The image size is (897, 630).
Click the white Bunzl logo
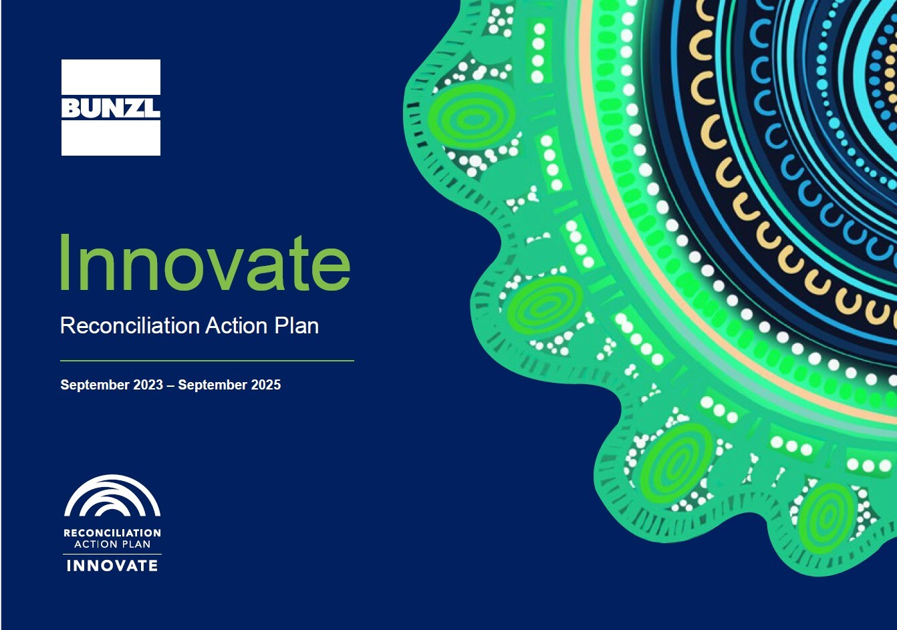111,108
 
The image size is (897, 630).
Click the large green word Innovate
205,263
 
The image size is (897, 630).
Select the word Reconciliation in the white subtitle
130,325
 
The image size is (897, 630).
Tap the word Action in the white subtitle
236,325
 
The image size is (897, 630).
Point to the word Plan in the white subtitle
297,325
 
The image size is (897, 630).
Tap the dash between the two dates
170,385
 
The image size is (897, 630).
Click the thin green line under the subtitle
207,361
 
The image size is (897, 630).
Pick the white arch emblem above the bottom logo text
112,496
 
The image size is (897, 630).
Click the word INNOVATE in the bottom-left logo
112,566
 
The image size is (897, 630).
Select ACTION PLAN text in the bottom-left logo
112,544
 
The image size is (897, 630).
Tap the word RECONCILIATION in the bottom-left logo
112,532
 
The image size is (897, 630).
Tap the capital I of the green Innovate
65,262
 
